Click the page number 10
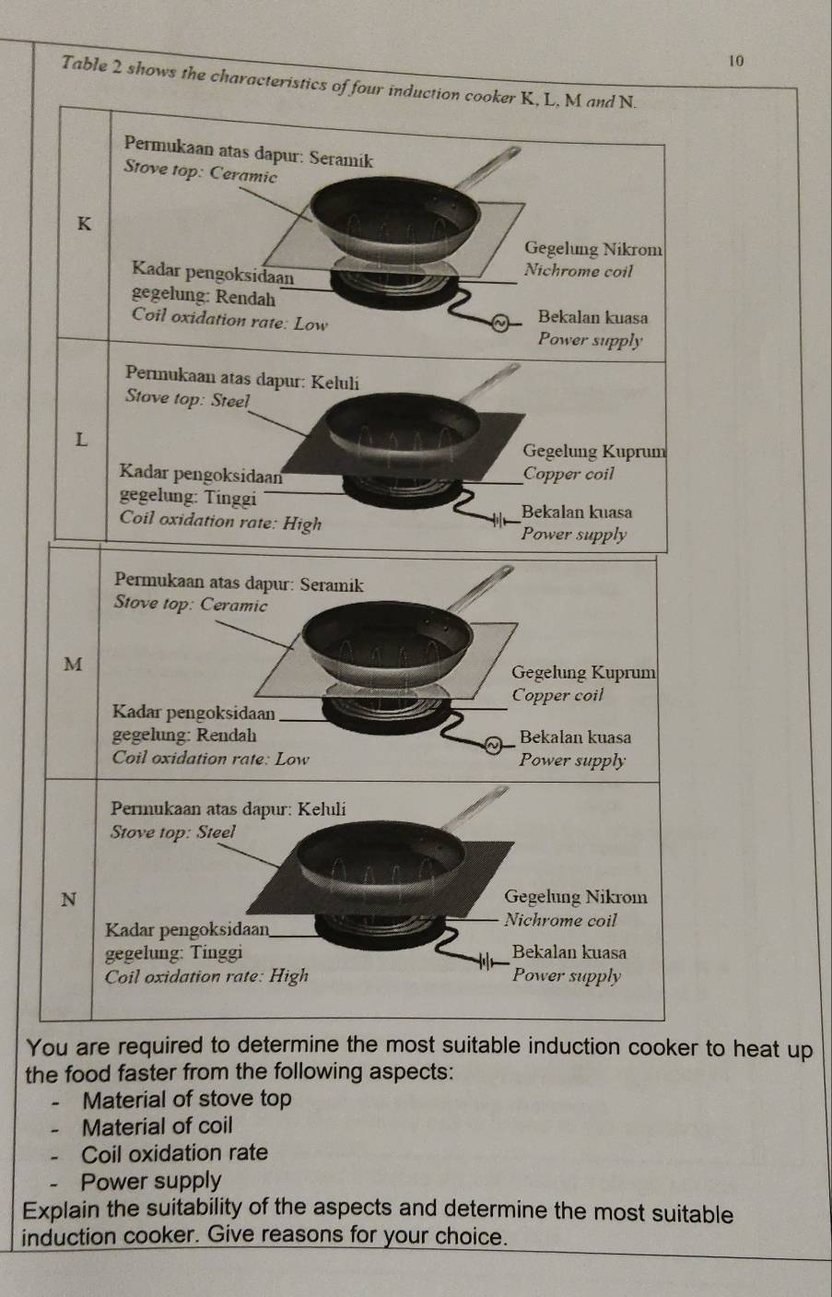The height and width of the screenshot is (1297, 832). pyautogui.click(x=736, y=61)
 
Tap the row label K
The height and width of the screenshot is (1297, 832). pyautogui.click(x=85, y=223)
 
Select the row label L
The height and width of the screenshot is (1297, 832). pyautogui.click(x=82, y=440)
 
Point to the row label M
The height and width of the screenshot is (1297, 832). pyautogui.click(x=73, y=664)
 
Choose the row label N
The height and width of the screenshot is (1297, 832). pyautogui.click(x=69, y=899)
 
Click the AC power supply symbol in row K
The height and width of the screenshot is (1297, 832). pyautogui.click(x=498, y=323)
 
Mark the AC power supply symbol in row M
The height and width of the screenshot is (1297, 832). pyautogui.click(x=492, y=746)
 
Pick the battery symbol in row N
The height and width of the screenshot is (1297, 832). pyautogui.click(x=486, y=963)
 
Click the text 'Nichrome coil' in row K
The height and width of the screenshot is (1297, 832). pyautogui.click(x=578, y=271)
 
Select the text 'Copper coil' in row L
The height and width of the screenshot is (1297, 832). pyautogui.click(x=568, y=474)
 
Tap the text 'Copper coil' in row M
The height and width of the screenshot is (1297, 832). pyautogui.click(x=557, y=695)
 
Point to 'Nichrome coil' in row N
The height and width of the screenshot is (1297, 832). pyautogui.click(x=560, y=919)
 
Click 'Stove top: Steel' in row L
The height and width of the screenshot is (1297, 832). pyautogui.click(x=187, y=399)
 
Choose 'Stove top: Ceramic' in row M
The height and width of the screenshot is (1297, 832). pyautogui.click(x=191, y=604)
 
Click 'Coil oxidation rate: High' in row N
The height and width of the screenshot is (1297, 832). pyautogui.click(x=206, y=976)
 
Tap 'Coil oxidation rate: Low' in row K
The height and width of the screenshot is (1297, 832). pyautogui.click(x=229, y=320)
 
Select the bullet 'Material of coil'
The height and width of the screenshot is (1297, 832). pyautogui.click(x=158, y=1126)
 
